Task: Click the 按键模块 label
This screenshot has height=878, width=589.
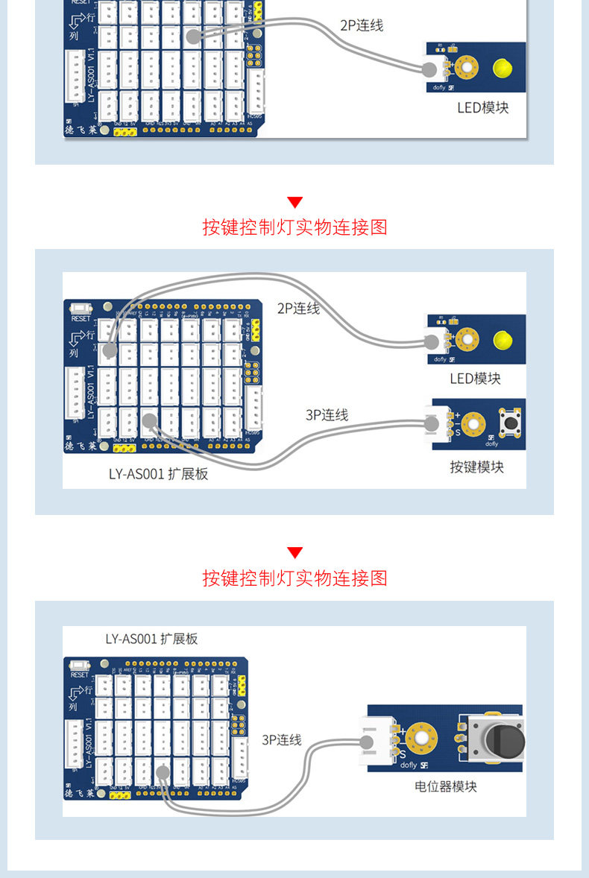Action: (476, 467)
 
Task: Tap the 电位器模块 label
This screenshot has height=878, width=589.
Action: (446, 786)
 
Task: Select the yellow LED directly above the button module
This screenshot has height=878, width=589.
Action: (502, 341)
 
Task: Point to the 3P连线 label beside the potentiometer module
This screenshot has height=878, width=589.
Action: (282, 739)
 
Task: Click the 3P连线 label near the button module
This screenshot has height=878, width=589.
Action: (327, 415)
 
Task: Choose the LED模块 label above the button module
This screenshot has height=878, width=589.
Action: (475, 379)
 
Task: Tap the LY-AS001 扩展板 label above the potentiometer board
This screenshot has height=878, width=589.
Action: (151, 639)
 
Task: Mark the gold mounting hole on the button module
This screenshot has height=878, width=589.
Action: (472, 424)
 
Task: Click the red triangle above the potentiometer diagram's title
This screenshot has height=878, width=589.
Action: (295, 552)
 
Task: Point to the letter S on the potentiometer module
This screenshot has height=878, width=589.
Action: (402, 754)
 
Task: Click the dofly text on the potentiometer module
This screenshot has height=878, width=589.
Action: (409, 765)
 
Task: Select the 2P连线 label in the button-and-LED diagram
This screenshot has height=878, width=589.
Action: (298, 309)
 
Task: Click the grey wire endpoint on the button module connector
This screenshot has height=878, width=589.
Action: (431, 424)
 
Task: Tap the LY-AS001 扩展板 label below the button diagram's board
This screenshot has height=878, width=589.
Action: (158, 474)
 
